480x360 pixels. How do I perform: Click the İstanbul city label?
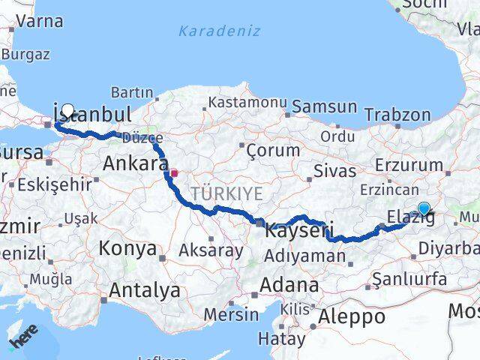(92, 115)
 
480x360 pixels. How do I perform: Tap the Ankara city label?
(135, 163)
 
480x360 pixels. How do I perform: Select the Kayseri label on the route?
(298, 231)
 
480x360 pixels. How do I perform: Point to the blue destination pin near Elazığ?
(424, 208)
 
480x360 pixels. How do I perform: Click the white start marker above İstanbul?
(68, 109)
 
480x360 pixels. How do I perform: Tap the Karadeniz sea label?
(220, 31)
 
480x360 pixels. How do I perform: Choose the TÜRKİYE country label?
(226, 194)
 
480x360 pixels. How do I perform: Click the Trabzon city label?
(397, 115)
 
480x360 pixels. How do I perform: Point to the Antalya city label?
(145, 289)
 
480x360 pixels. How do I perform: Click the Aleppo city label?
(351, 316)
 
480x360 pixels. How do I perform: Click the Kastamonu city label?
(247, 101)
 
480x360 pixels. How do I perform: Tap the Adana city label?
(289, 286)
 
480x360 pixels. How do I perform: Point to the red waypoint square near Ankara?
(174, 173)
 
